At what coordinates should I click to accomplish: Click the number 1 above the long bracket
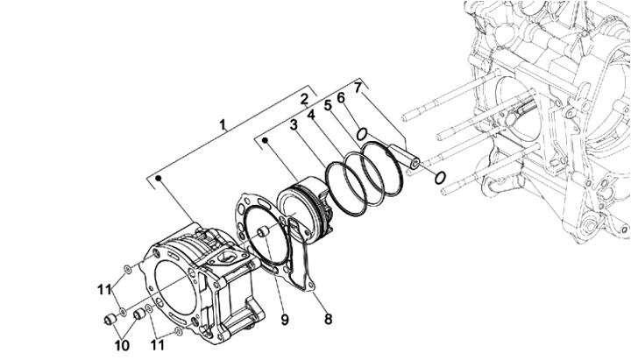(223, 124)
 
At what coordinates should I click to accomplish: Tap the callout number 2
(305, 99)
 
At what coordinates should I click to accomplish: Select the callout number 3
(294, 125)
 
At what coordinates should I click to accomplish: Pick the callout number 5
(328, 105)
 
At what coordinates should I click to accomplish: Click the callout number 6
(341, 97)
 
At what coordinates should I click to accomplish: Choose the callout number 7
(358, 87)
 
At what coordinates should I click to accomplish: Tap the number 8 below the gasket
(329, 320)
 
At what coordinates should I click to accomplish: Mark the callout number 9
(285, 321)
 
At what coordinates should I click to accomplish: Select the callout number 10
(123, 345)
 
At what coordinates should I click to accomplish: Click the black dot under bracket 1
(159, 178)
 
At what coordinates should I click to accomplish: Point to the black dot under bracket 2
(266, 140)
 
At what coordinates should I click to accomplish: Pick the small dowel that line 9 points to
(264, 232)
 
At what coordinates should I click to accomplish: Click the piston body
(306, 209)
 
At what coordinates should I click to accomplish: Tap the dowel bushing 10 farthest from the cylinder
(110, 320)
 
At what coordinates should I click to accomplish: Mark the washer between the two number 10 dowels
(123, 311)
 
